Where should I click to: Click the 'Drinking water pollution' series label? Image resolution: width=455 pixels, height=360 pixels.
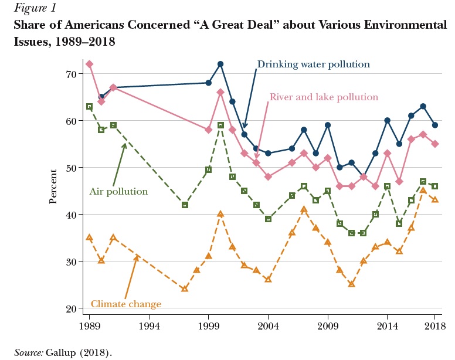(x=314, y=64)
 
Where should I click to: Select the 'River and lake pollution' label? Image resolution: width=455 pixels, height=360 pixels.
(x=324, y=97)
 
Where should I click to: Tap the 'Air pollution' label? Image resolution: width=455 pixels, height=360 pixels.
(x=118, y=191)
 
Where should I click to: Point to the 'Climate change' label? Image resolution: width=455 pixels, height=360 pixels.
(x=126, y=304)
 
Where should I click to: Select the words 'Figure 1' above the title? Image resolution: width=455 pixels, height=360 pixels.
(x=33, y=9)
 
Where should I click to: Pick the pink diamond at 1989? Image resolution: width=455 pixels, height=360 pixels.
(x=89, y=64)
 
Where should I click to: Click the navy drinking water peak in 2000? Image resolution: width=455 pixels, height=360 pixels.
(x=220, y=64)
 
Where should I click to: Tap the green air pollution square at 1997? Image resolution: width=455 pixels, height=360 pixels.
(x=185, y=205)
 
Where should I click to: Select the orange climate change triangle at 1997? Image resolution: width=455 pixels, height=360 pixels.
(x=185, y=288)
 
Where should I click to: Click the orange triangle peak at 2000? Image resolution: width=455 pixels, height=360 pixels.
(x=220, y=214)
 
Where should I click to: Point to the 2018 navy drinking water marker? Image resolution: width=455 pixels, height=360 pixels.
(x=434, y=125)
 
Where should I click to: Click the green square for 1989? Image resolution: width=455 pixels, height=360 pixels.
(x=89, y=106)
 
